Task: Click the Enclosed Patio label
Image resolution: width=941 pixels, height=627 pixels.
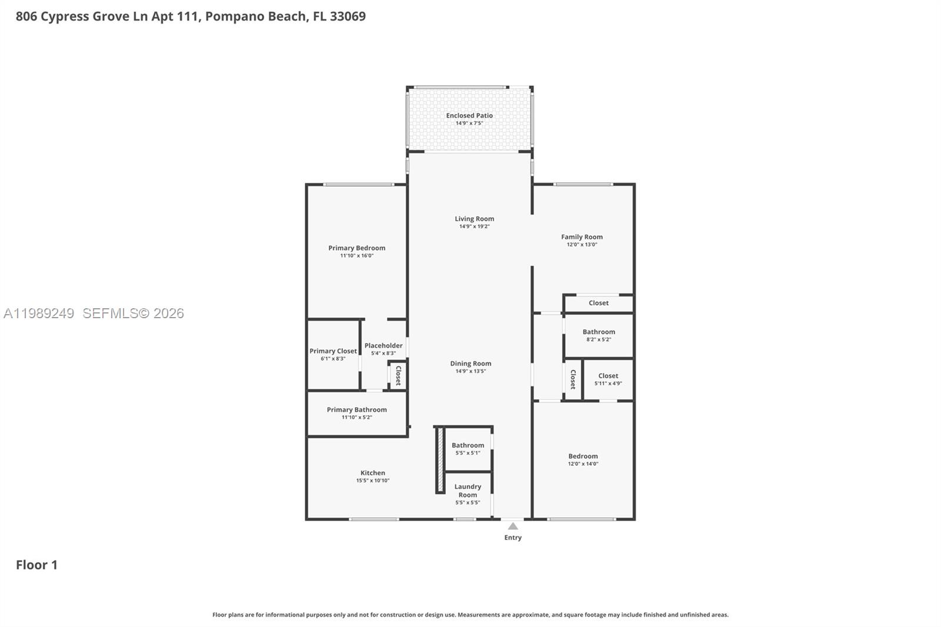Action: [469, 116]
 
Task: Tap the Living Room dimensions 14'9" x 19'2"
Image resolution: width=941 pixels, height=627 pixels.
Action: [474, 226]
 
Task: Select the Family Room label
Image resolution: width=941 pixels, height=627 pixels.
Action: [582, 237]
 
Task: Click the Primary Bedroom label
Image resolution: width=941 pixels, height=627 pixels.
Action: [356, 248]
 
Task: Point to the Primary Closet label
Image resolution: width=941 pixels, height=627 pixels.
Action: [333, 351]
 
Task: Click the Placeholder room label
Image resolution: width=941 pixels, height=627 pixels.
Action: [383, 346]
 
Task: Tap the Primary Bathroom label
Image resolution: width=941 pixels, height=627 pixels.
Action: [356, 410]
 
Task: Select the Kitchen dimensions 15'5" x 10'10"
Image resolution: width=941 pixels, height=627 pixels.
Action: [372, 481]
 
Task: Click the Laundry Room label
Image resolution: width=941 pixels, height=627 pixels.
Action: [468, 491]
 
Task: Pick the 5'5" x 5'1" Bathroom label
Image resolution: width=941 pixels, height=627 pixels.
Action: [468, 446]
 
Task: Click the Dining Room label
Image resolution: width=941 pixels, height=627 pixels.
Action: [470, 363]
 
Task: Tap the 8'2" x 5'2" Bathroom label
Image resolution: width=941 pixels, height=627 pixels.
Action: [599, 332]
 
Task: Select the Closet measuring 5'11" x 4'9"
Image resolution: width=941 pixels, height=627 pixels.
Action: [608, 376]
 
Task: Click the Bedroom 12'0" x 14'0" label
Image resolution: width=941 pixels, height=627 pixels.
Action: [583, 456]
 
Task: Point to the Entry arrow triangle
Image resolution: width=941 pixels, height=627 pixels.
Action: [513, 526]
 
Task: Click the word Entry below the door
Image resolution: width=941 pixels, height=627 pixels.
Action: [513, 538]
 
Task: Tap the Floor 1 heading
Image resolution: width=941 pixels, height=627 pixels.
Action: [36, 565]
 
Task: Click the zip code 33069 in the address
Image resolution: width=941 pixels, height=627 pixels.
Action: [348, 16]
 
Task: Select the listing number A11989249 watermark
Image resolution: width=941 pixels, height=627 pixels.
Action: [39, 313]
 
